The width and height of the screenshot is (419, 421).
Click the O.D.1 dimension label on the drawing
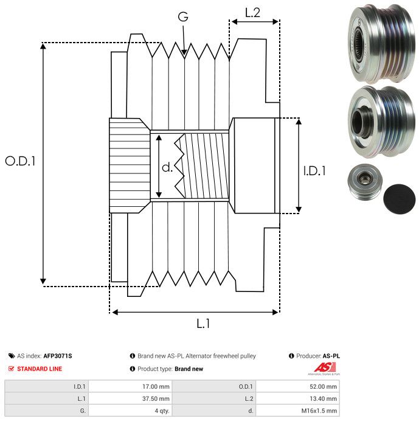(x=20, y=161)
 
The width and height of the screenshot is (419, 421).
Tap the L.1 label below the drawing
(x=203, y=324)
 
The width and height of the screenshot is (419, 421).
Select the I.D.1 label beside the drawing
(x=314, y=172)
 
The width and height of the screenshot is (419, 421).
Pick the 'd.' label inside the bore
(x=167, y=167)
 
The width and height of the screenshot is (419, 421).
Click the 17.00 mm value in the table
(x=155, y=386)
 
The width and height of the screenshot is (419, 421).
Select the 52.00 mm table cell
(x=322, y=386)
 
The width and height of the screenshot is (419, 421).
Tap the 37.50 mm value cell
(x=155, y=398)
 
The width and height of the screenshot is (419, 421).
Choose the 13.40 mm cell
(x=322, y=398)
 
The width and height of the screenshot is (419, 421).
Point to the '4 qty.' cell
(x=161, y=411)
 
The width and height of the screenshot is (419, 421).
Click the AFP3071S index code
(x=61, y=356)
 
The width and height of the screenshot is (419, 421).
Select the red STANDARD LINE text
(x=40, y=369)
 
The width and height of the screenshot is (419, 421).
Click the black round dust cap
(x=400, y=198)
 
